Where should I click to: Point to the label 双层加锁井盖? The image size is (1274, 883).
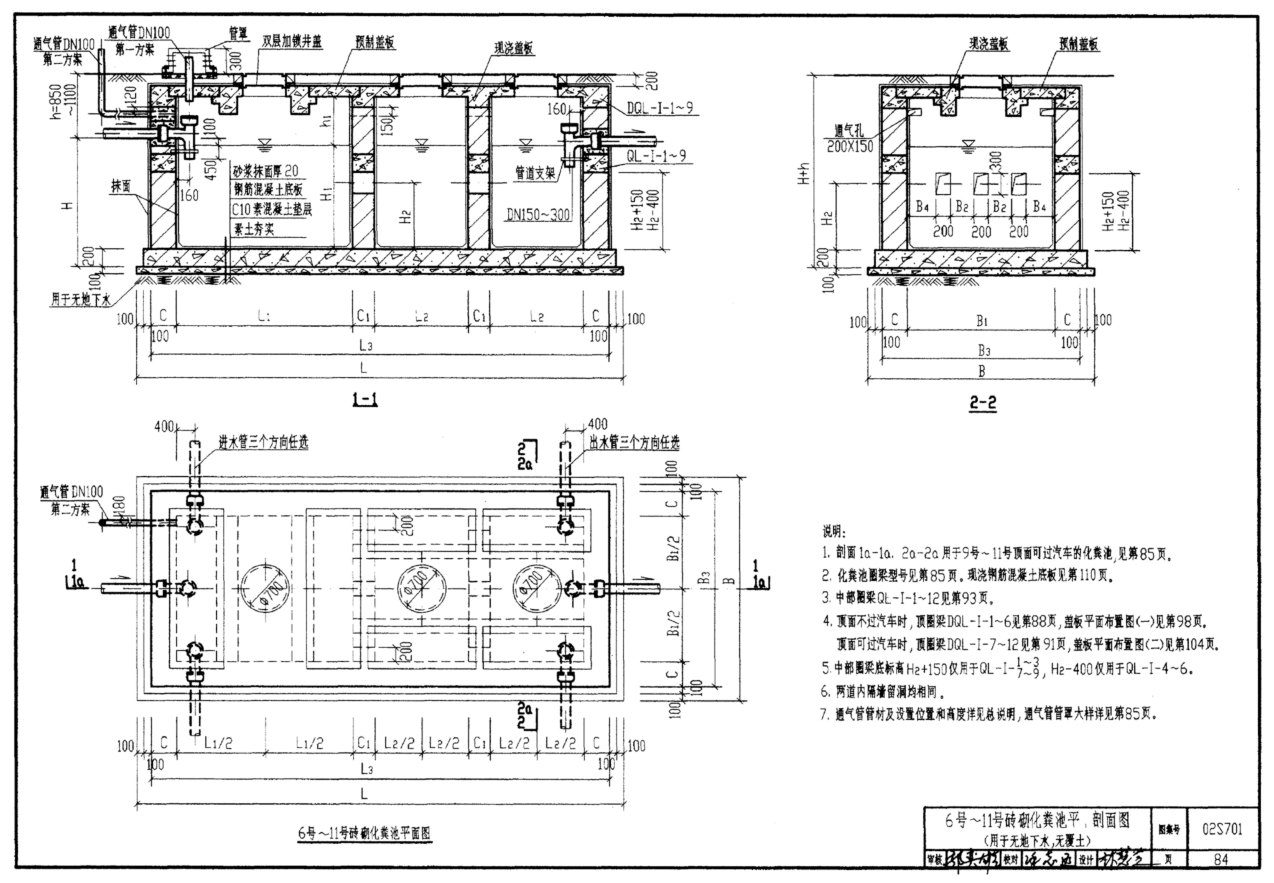click(x=292, y=42)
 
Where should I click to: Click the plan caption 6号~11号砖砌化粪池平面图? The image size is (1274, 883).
click(x=364, y=833)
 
